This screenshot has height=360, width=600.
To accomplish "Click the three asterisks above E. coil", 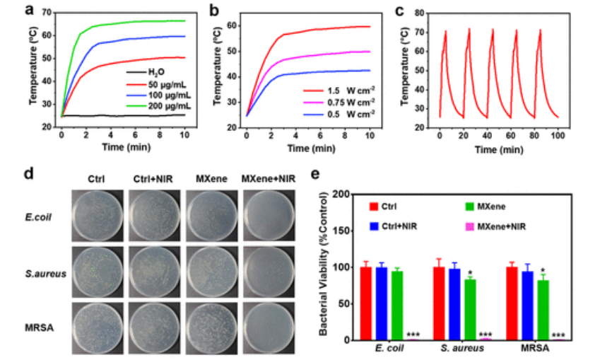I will pos(413,335).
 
